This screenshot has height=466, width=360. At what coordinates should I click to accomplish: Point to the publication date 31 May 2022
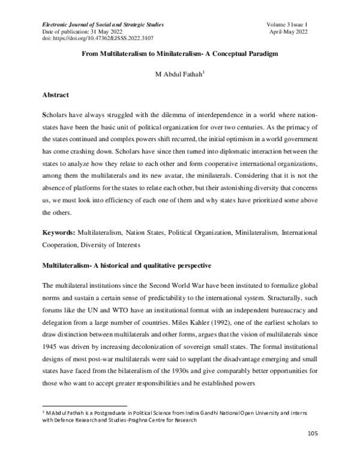(109, 31)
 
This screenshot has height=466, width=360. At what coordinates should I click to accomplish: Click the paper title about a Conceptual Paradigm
(180, 53)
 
